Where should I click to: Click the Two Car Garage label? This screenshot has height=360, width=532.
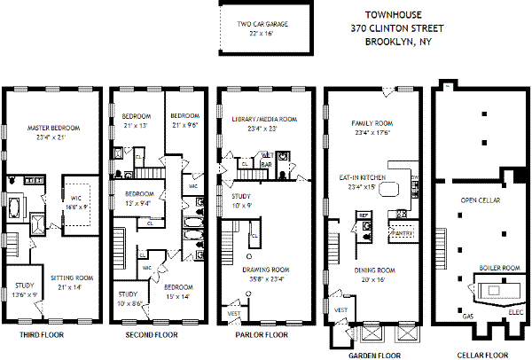262,24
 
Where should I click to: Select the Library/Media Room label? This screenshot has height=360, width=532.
263,119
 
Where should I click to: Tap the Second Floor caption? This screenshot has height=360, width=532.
148,335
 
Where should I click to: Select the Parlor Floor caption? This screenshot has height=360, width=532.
262,335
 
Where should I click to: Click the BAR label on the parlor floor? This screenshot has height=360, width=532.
266,163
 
